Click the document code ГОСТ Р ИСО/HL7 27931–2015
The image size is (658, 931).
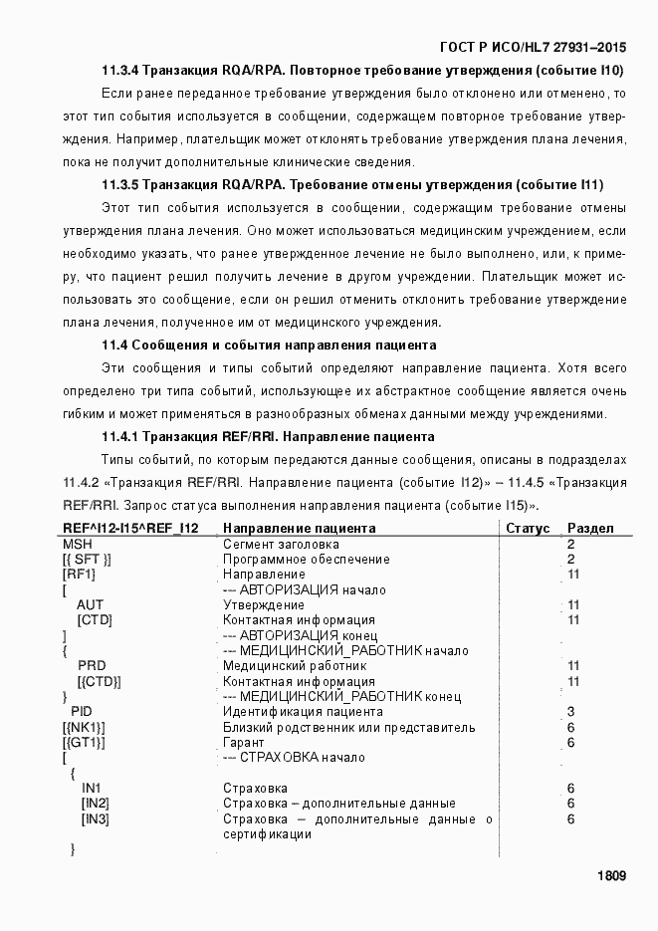point(533,48)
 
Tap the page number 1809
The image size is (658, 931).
point(611,876)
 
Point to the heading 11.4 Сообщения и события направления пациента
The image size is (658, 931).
point(269,346)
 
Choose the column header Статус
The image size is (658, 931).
point(528,528)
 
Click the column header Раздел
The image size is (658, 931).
point(590,528)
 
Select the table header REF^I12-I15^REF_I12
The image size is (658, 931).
point(130,528)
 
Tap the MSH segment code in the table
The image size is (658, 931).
point(77,544)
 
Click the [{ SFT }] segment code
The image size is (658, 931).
point(87,560)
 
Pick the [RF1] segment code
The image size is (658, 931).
point(79,575)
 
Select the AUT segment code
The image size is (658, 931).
point(90,604)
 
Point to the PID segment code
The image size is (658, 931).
point(82,712)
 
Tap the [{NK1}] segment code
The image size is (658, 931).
point(84,727)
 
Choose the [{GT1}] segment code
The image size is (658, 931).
point(84,743)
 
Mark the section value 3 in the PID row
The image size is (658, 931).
point(570,712)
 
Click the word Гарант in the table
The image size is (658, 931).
point(243,743)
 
